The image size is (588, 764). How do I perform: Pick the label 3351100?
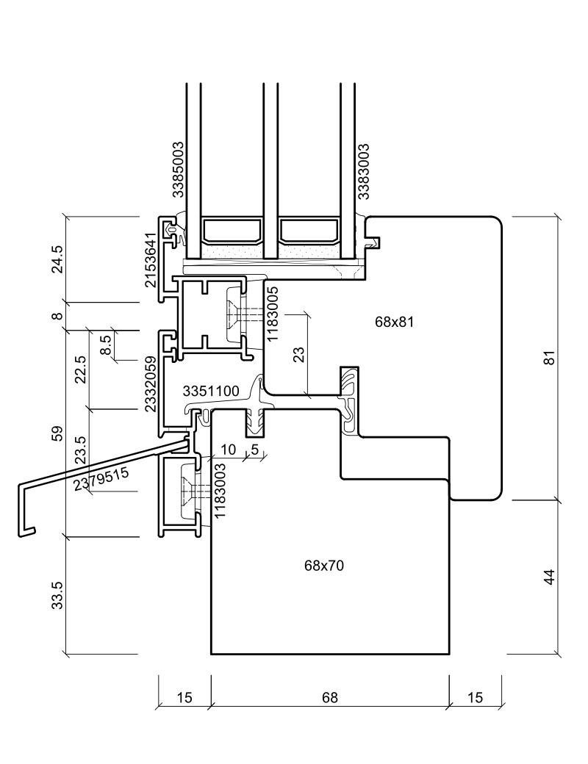coord(210,391)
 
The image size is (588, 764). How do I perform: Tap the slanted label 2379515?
coord(102,478)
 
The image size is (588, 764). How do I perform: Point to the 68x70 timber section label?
coord(323,566)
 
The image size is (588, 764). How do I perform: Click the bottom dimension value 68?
coord(329,698)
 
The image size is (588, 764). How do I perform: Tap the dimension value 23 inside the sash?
coord(298,355)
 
